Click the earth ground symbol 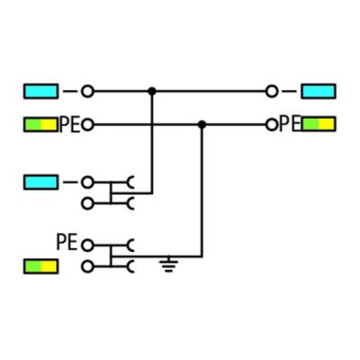(168, 264)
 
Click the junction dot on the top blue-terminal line (152, 91)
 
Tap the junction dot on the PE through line (202, 124)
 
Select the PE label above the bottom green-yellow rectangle (67, 242)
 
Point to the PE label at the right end (290, 124)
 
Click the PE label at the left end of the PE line (70, 125)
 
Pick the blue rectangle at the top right (319, 92)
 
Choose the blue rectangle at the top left (40, 92)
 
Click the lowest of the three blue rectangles (40, 183)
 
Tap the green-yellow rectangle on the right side (319, 124)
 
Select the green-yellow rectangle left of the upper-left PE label (40, 125)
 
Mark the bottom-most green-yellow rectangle (40, 266)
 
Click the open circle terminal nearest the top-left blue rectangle (87, 92)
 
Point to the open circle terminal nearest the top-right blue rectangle (272, 92)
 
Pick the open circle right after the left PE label (87, 125)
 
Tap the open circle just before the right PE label (272, 124)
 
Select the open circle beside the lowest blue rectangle (87, 183)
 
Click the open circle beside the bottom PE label (87, 246)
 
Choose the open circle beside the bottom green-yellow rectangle (87, 266)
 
